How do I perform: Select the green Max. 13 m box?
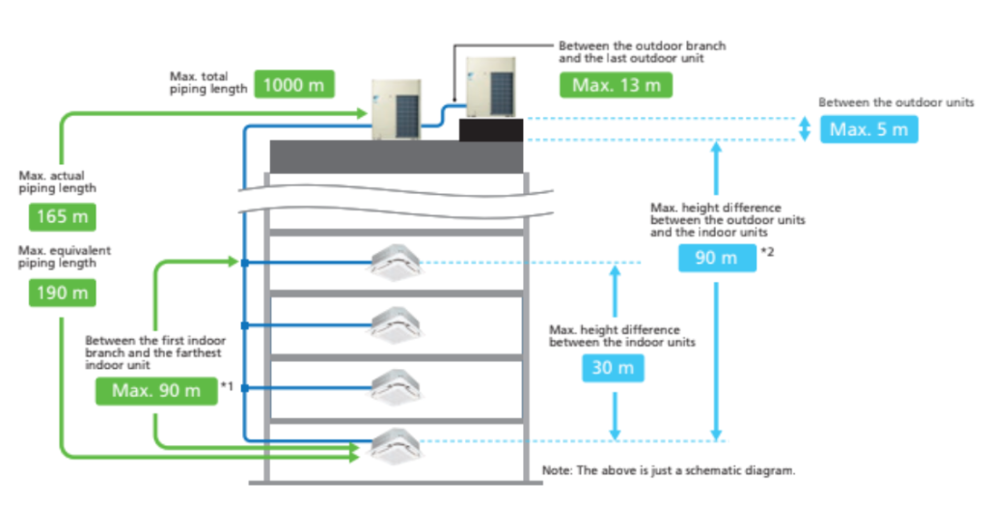coord(617,85)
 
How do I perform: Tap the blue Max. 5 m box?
coord(868,129)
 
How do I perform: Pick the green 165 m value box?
coord(63,216)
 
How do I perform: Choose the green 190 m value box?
coord(63,292)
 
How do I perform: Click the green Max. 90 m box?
coord(156,390)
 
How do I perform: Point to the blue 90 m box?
coord(717,258)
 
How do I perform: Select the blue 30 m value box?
coord(613,368)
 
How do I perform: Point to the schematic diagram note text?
coord(669,470)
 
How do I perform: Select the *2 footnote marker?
coord(768,252)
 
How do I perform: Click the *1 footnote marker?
coord(228,386)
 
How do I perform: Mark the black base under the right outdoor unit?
coord(490,130)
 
